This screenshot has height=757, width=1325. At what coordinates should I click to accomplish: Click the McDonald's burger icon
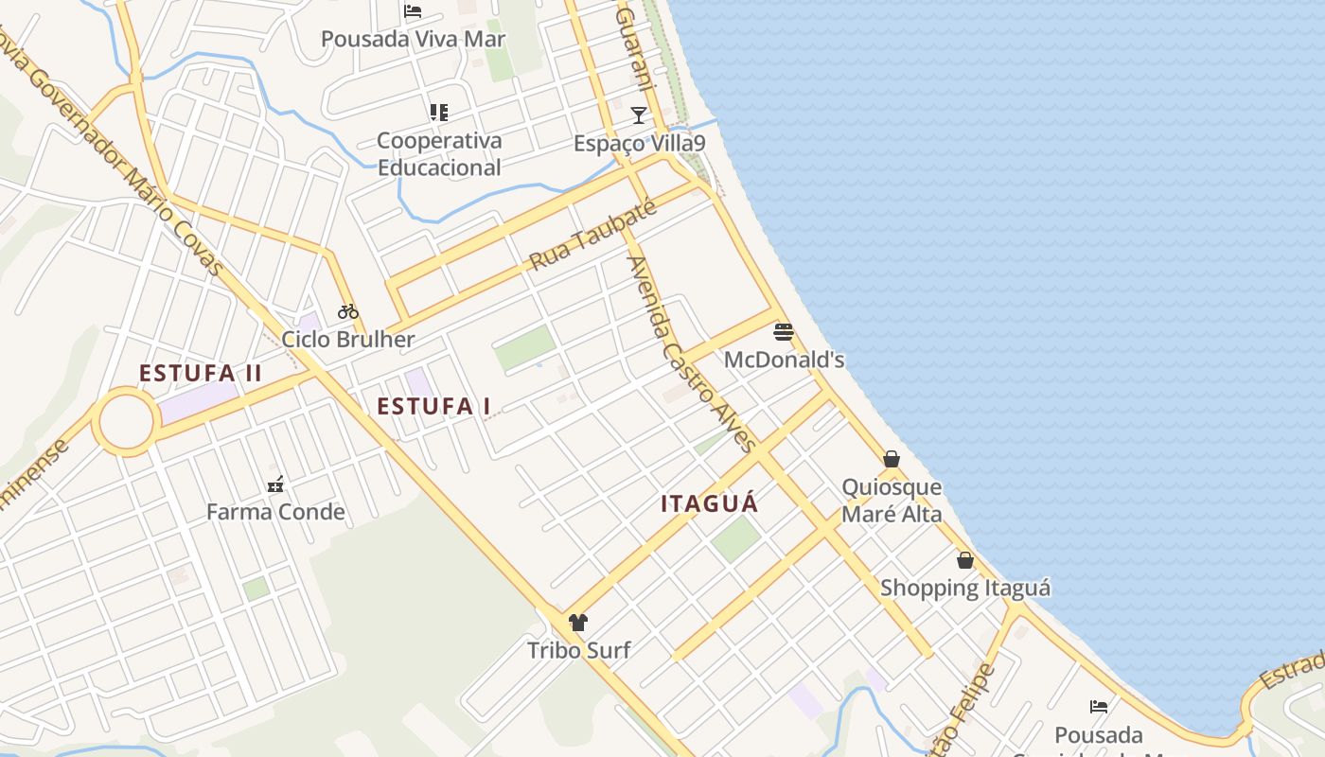point(783,332)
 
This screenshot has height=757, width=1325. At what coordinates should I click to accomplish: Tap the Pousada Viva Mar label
point(413,40)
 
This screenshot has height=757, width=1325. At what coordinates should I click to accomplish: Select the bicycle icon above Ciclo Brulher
point(348,311)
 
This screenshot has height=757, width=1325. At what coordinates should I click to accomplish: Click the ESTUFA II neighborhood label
point(200,373)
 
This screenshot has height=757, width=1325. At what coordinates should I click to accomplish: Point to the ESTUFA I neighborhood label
point(433,407)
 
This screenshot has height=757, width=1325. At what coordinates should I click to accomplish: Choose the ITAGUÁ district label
point(710,503)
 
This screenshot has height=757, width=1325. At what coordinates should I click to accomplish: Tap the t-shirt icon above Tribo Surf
point(578,622)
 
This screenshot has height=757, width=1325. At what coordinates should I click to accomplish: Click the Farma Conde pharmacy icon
point(275,484)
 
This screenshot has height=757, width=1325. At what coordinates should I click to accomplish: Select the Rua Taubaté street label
point(592,236)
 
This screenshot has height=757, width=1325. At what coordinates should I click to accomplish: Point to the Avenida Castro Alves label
point(692,353)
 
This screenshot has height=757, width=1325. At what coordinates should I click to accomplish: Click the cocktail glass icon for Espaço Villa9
point(639,115)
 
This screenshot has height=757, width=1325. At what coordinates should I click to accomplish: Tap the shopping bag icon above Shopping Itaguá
point(964,560)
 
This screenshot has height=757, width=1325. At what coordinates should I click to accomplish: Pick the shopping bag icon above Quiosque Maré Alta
point(892,459)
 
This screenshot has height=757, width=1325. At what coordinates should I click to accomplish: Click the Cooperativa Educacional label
point(439,154)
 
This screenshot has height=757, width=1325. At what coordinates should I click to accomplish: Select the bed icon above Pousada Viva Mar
point(413,11)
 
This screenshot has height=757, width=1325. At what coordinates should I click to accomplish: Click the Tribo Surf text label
point(578,650)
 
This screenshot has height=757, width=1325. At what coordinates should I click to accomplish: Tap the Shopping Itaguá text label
point(965,588)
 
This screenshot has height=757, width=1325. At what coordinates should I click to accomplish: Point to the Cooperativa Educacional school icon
point(438,113)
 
